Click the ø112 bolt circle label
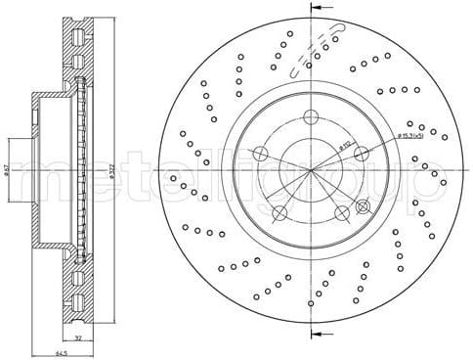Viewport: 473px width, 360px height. [x=344, y=147]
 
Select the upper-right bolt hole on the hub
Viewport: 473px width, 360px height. [x=361, y=152]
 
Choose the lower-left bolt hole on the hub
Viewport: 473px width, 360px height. [x=279, y=213]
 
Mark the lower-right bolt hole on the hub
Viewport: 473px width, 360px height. [x=341, y=212]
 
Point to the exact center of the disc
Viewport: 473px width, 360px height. [x=311, y=170]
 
